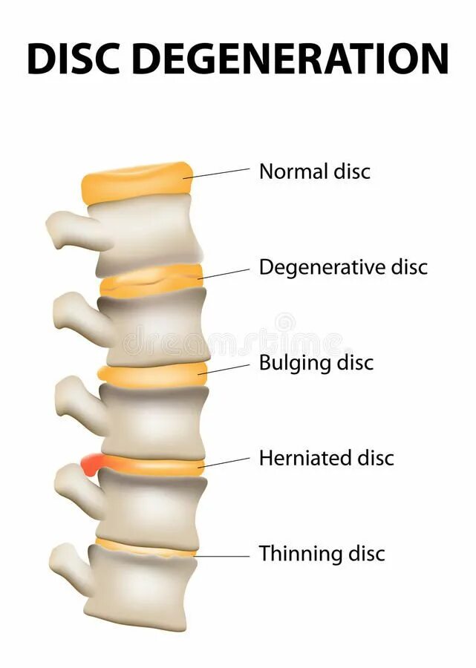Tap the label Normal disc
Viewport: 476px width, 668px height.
pos(314,171)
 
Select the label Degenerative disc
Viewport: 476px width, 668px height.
pos(343,267)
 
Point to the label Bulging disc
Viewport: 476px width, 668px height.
pos(316,363)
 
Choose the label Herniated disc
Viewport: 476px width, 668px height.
pos(326,458)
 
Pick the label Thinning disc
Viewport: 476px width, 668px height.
pos(322,554)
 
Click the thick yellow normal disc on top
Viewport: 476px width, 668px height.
pos(137,182)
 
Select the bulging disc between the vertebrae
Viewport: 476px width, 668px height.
pos(152,375)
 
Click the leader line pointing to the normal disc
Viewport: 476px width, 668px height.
pos(221,173)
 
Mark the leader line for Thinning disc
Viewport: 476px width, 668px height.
pos(223,556)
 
